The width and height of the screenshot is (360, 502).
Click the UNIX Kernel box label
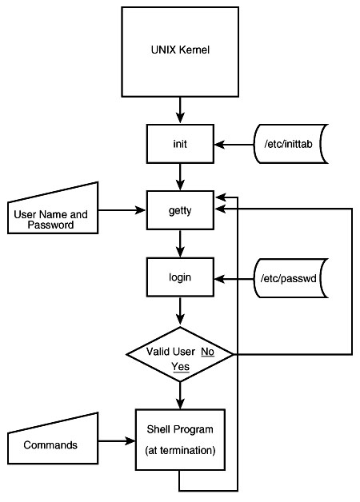click(180, 50)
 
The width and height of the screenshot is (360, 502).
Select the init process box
click(180, 144)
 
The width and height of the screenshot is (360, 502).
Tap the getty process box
click(180, 210)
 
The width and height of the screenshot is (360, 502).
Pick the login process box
click(180, 277)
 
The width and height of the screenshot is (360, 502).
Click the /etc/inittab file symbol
click(290, 144)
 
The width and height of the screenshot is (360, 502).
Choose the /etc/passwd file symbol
click(290, 278)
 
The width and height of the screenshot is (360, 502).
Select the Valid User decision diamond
click(180, 354)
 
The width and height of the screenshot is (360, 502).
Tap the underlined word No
click(207, 352)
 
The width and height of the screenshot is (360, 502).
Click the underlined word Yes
click(180, 367)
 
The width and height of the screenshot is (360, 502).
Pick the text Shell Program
click(180, 429)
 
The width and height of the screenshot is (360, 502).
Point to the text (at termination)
click(180, 451)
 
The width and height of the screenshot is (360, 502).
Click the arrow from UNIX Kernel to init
click(180, 110)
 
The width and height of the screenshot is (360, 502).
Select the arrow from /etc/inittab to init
click(234, 145)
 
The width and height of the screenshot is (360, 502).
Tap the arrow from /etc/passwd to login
click(234, 279)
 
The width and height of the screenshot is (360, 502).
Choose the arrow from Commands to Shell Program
click(117, 441)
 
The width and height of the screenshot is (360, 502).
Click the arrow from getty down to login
click(180, 243)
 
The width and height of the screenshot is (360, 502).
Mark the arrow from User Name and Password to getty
click(122, 210)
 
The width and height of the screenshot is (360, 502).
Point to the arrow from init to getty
click(180, 177)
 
